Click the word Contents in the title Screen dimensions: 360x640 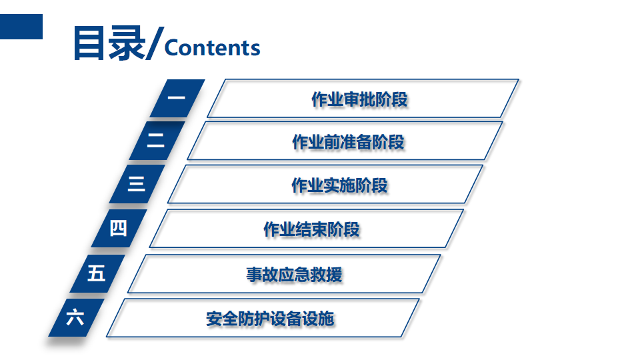(212, 48)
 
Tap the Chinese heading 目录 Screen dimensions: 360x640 (109, 44)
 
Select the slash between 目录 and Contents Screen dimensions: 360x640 (153, 45)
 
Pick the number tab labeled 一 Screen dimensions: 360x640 (177, 99)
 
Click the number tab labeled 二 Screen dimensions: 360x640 (157, 140)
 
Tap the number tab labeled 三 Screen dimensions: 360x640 (137, 183)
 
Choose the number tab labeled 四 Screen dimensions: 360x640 (119, 228)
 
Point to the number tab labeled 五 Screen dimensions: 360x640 (97, 273)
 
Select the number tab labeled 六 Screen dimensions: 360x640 (75, 317)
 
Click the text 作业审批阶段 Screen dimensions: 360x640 (359, 99)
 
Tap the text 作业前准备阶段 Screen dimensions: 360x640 (348, 142)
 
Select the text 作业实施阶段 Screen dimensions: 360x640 (339, 185)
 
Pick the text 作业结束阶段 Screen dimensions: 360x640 (311, 229)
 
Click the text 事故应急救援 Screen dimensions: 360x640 (294, 274)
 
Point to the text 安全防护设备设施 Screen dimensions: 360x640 (270, 319)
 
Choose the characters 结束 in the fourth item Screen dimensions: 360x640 (311, 229)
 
